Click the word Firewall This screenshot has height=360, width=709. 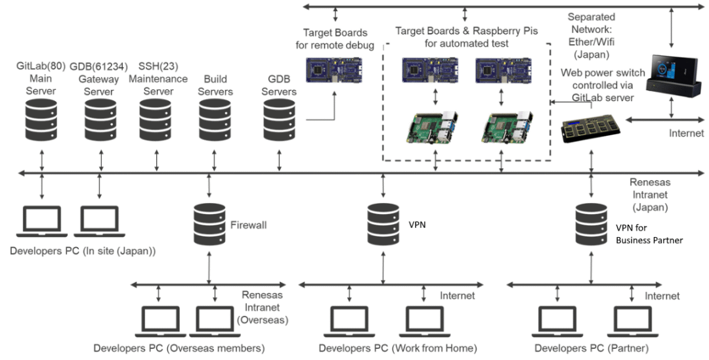pyautogui.click(x=248, y=225)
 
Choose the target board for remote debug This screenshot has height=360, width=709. pyautogui.click(x=335, y=71)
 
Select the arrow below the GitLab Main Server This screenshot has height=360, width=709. pyautogui.click(x=42, y=160)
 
